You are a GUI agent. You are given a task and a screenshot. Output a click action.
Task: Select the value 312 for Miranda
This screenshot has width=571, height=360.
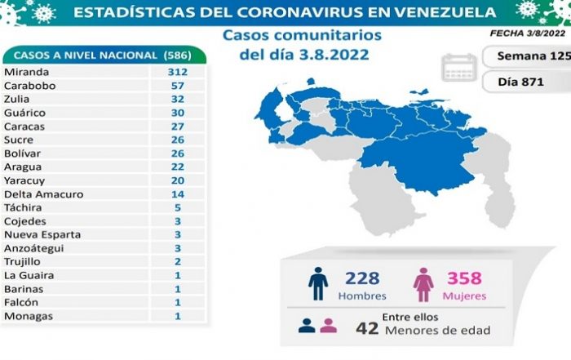(178, 73)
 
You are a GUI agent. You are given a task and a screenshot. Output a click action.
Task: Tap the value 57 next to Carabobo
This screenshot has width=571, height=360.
(178, 86)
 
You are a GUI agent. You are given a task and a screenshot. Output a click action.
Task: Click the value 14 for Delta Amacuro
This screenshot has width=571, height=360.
(178, 194)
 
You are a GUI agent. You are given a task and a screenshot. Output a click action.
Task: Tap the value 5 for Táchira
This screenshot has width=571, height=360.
(178, 207)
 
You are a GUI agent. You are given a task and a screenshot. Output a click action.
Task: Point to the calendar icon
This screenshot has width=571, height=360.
(459, 68)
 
